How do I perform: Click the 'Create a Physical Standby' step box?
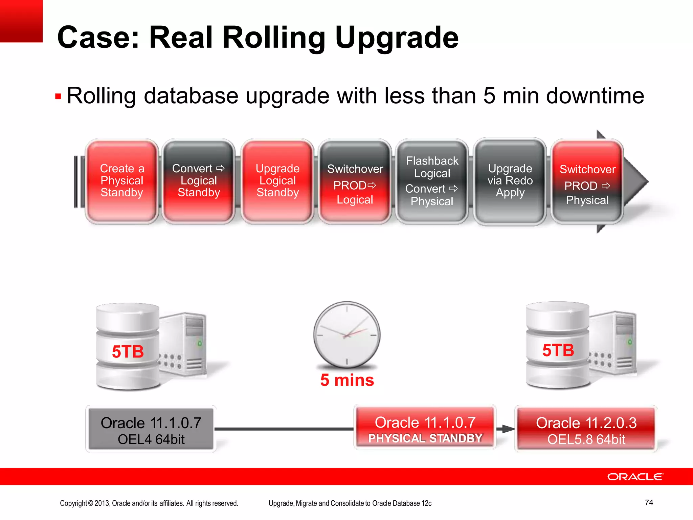tap(122, 181)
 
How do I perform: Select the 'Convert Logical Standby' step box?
tap(199, 181)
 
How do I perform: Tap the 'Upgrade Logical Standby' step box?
tap(277, 181)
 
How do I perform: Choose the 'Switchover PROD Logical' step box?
tap(355, 183)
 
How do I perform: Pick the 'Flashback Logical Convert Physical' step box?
tap(432, 181)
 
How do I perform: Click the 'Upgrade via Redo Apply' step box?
tap(510, 181)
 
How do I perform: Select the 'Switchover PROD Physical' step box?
tap(587, 183)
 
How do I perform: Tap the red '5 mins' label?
tap(347, 380)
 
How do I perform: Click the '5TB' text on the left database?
tap(128, 351)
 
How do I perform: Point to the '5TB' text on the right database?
tap(558, 350)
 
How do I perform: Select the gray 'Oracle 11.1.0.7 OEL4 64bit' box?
tap(151, 430)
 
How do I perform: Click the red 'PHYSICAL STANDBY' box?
tap(425, 429)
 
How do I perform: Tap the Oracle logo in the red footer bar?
tap(635, 477)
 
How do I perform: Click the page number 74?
tap(649, 502)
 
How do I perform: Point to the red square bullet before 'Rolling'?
tap(58, 97)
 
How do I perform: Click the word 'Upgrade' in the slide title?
tap(397, 38)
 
